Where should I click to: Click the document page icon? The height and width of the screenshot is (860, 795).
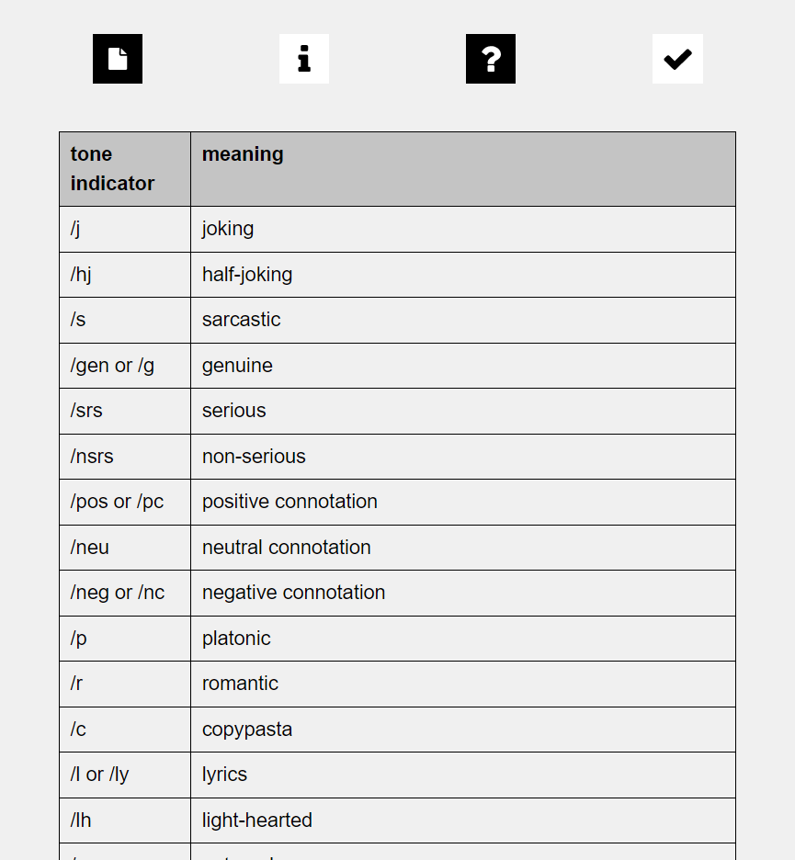[118, 59]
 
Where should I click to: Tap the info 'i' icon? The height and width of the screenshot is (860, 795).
[304, 59]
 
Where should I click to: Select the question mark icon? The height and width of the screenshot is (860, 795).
[491, 59]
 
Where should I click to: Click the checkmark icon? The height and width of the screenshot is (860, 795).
[677, 59]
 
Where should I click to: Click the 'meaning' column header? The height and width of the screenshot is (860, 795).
[243, 154]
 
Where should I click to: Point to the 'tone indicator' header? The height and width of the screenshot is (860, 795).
[112, 169]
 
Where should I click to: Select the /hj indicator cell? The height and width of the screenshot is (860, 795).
[81, 275]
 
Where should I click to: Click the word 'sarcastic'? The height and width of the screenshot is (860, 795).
[241, 320]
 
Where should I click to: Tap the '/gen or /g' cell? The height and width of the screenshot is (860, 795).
[112, 366]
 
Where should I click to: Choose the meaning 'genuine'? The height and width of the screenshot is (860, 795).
[237, 366]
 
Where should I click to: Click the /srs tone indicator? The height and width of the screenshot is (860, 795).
[86, 411]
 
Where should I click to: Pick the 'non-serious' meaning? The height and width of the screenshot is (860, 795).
[254, 457]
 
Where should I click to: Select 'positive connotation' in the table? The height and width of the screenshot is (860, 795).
[290, 502]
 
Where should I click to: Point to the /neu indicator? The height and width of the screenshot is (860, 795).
[90, 548]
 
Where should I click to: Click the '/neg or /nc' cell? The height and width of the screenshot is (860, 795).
[118, 593]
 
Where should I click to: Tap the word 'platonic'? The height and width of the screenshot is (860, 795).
[236, 639]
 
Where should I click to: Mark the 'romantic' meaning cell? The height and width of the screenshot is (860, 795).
[240, 684]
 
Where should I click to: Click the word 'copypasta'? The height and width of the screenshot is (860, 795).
[247, 730]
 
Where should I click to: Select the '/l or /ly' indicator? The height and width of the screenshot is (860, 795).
[99, 775]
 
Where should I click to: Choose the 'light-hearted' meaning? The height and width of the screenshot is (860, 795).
[257, 820]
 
